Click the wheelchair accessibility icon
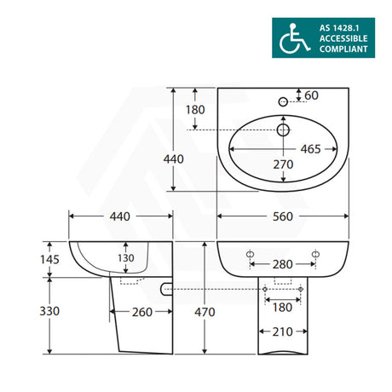pyautogui.click(x=295, y=38)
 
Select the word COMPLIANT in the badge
pyautogui.click(x=345, y=50)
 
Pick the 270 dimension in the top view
pyautogui.click(x=283, y=165)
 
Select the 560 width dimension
pyautogui.click(x=283, y=216)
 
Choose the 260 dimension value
pyautogui.click(x=141, y=312)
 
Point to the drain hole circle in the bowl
pyautogui.click(x=283, y=129)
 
